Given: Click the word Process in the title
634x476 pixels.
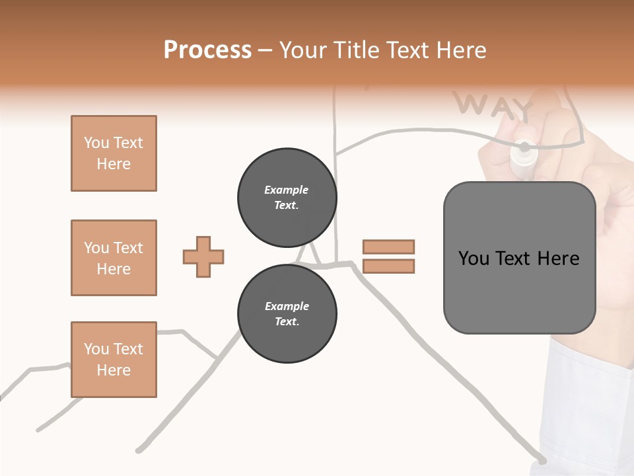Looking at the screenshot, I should (x=207, y=50).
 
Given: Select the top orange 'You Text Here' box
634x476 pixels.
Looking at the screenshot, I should (x=114, y=153).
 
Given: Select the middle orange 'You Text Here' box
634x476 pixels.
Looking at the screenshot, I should (x=114, y=258).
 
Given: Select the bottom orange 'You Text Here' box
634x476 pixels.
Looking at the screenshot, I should (x=114, y=360).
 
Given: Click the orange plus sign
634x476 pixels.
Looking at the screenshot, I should (x=203, y=257).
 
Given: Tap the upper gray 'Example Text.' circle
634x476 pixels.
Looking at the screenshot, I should (x=287, y=198).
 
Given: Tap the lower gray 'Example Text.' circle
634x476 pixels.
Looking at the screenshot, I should (x=287, y=314).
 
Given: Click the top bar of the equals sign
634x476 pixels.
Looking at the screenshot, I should (x=388, y=247).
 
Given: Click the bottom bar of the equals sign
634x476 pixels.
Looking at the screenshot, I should (x=388, y=266).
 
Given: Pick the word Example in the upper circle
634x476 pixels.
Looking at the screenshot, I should (x=287, y=190).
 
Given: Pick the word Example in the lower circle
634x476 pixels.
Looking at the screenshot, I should (x=287, y=306).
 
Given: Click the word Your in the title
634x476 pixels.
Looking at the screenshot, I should (x=304, y=50).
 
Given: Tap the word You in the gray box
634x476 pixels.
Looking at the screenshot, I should (x=474, y=258).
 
